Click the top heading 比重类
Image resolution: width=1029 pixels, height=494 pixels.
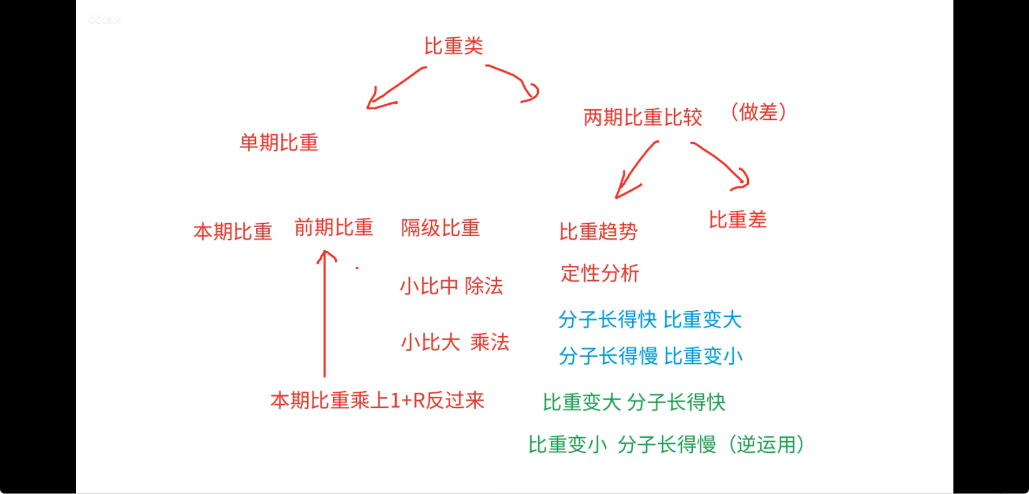453,46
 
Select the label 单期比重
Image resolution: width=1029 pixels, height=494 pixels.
279,143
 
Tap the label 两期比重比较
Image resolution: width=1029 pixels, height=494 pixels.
642,117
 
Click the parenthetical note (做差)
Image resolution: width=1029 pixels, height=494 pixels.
758,112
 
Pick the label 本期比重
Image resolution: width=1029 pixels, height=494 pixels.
233,231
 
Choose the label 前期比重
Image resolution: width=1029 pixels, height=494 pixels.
334,228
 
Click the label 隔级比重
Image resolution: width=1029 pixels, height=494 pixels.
440,228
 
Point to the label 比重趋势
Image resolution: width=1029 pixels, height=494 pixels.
598,231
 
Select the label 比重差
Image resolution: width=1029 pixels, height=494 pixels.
737,220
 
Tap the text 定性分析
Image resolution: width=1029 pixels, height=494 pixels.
600,273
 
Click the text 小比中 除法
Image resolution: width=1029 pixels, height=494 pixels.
451,286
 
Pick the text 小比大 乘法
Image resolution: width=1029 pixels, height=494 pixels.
455,342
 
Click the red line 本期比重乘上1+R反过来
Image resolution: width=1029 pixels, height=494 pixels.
377,400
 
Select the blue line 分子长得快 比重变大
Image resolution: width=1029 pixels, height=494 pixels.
649,319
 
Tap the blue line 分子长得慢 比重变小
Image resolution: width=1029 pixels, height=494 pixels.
651,356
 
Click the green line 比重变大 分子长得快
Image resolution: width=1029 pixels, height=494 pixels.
634,402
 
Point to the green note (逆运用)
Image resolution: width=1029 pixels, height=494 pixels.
765,444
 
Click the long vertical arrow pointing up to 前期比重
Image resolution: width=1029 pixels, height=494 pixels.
324,313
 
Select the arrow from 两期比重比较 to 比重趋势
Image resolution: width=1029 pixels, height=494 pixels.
636,170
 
